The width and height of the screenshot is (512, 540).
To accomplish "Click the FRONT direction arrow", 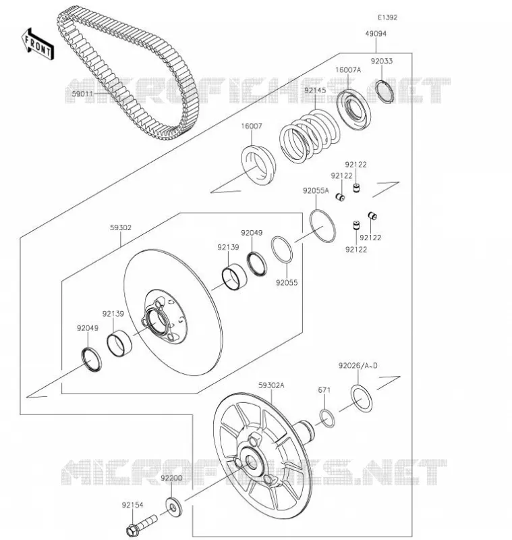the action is [38, 45].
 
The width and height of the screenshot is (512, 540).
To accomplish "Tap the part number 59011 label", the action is [82, 94].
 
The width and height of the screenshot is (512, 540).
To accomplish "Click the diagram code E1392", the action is [387, 18].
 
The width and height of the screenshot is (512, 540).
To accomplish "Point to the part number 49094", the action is [376, 33].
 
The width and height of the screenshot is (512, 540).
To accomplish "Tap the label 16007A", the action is [348, 70].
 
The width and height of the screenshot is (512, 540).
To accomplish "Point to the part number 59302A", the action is [271, 385].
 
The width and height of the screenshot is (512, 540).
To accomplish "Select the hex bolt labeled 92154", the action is [141, 524].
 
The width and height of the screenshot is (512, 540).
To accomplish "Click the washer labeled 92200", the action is [174, 507].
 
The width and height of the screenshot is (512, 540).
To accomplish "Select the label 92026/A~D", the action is [358, 365].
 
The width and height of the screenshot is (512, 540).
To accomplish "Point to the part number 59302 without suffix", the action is [121, 227].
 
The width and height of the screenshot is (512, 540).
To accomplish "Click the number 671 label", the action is [324, 390].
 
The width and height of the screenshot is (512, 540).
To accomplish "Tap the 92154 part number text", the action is [132, 505].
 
